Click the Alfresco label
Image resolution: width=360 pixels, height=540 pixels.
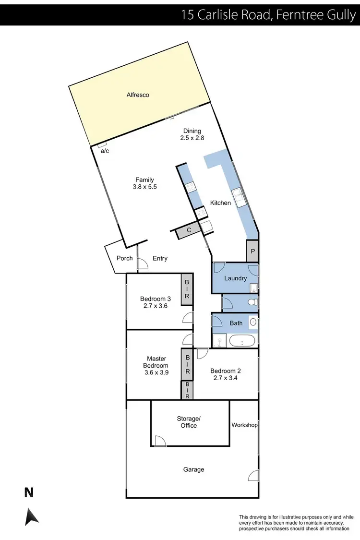coord(138,95)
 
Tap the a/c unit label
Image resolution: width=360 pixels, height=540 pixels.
coord(104,151)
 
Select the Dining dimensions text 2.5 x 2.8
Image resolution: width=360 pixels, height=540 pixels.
coord(192,138)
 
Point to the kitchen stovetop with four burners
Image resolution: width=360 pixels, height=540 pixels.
coord(190,188)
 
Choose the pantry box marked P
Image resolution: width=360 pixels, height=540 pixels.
coord(252,250)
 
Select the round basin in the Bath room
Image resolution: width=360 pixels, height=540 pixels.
coord(253,322)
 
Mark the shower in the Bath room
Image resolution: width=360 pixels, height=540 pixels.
coord(220,341)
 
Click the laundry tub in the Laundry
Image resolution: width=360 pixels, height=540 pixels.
coord(253,288)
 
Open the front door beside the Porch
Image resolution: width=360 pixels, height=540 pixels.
coord(143,263)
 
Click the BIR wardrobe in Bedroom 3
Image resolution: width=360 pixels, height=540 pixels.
coord(186,289)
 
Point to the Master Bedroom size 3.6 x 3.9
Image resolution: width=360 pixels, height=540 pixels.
coord(156,372)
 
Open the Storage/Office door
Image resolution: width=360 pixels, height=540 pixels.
coord(160,441)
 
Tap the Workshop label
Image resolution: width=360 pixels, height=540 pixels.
coord(244,425)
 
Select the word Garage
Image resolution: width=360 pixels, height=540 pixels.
coord(193,469)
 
